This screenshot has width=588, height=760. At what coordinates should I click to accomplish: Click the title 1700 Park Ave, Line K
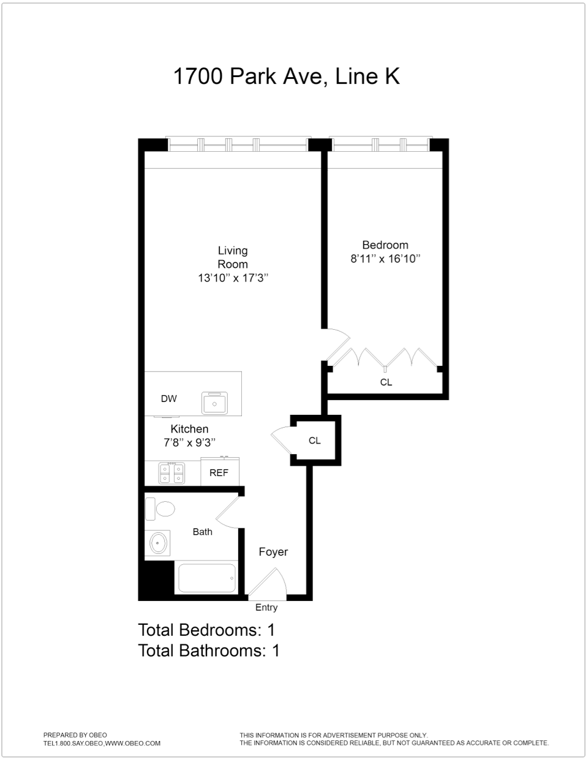point(286,76)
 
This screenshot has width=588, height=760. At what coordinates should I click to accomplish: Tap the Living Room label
point(233,257)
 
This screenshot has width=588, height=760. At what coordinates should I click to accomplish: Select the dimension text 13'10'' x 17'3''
point(233,278)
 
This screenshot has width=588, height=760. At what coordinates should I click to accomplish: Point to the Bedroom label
point(385,245)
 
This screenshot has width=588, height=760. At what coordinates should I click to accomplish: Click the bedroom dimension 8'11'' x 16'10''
point(385,259)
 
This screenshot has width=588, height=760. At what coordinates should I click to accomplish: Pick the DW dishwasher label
point(168,399)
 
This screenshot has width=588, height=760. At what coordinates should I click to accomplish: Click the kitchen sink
point(214,403)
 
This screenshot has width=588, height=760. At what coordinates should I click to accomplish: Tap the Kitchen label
point(189,429)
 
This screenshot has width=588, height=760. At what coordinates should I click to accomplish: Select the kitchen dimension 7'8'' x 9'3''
point(189,442)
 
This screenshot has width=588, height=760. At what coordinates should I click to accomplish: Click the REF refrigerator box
point(219,472)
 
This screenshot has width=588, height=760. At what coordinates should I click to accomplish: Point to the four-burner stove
point(171,473)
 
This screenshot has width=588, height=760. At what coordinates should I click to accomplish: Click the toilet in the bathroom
point(160,509)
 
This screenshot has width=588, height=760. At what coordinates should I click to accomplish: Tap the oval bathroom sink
point(159,542)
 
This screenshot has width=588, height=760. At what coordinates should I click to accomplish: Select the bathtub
point(206,578)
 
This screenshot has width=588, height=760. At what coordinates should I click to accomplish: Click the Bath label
point(202,532)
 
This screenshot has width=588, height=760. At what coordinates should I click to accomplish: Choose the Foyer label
point(273,552)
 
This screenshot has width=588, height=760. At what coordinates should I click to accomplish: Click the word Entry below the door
point(266,608)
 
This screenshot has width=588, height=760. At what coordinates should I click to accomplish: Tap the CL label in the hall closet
point(314,441)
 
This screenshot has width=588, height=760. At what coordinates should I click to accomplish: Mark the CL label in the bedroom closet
point(386,382)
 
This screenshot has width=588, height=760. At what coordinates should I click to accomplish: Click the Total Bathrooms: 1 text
point(209,650)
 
